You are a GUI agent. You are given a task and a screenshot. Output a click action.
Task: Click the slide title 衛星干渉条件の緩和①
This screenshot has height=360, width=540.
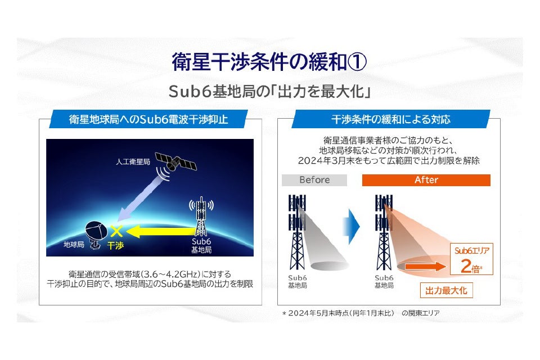click(270, 62)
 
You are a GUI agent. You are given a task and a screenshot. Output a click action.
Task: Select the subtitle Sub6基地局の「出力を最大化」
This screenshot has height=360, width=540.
click(270, 91)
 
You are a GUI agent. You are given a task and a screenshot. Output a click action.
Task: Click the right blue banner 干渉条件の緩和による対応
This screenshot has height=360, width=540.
click(390, 119)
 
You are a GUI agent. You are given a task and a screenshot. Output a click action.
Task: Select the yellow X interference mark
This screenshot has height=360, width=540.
click(117, 229)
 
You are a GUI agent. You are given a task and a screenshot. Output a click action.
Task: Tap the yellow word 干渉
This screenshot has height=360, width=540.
click(115, 245)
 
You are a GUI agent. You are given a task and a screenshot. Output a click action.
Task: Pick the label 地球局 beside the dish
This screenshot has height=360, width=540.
click(73, 245)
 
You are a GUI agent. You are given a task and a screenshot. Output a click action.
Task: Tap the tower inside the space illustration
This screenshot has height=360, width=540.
click(200, 217)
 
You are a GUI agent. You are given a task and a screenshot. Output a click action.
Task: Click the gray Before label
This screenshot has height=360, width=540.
click(314, 180)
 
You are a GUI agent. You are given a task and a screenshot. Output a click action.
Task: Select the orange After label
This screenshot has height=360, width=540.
click(426, 180)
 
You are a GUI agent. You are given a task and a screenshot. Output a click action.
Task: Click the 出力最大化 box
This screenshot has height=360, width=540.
click(447, 290)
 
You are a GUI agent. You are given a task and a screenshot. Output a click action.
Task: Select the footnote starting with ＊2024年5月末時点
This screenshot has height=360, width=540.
click(360, 313)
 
